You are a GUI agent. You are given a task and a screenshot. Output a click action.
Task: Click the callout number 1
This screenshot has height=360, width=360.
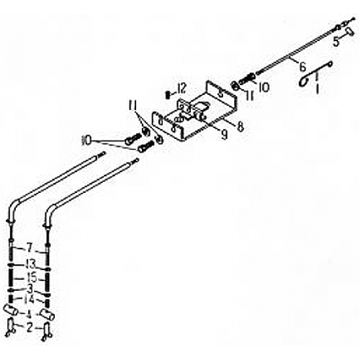318,89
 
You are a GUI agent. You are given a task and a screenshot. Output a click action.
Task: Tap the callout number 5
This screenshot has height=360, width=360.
336,42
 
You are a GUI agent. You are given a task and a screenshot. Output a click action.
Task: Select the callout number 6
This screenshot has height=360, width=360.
302,67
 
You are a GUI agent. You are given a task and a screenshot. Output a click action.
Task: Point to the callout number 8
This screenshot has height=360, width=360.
240,127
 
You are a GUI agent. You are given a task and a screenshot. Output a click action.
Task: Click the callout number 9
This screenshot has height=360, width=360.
224,135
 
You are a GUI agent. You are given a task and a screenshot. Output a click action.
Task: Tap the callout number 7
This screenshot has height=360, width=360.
30,248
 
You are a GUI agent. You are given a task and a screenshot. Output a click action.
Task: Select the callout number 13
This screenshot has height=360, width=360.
30,264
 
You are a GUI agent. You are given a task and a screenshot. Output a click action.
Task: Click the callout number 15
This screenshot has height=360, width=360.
32,278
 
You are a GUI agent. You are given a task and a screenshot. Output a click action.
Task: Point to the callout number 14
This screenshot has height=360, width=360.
29,300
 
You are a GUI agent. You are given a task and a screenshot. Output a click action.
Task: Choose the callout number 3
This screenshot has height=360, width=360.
30,289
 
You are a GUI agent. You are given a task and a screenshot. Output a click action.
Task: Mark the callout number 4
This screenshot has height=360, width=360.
30,314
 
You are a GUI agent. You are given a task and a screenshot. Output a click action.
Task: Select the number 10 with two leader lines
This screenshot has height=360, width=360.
86,140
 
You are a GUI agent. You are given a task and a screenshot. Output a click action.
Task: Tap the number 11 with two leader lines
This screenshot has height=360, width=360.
132,105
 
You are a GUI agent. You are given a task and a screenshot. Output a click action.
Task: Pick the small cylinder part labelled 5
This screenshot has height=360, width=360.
349,32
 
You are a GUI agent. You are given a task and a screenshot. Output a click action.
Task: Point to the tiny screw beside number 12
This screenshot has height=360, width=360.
168,94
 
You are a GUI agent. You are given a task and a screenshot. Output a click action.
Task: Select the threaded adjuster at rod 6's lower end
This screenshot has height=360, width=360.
247,78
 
